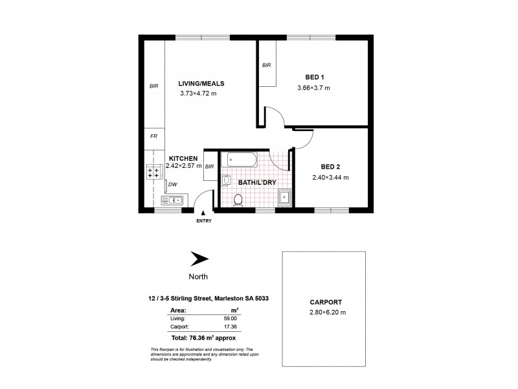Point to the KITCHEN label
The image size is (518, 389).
[183, 158]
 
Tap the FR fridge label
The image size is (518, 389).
[154, 137]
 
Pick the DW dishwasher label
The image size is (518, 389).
[172, 185]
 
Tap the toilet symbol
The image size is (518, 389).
[238, 202]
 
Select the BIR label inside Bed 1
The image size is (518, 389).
[266, 65]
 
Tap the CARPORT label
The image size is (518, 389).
[322, 302]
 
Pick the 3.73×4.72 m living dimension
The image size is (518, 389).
[198, 93]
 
